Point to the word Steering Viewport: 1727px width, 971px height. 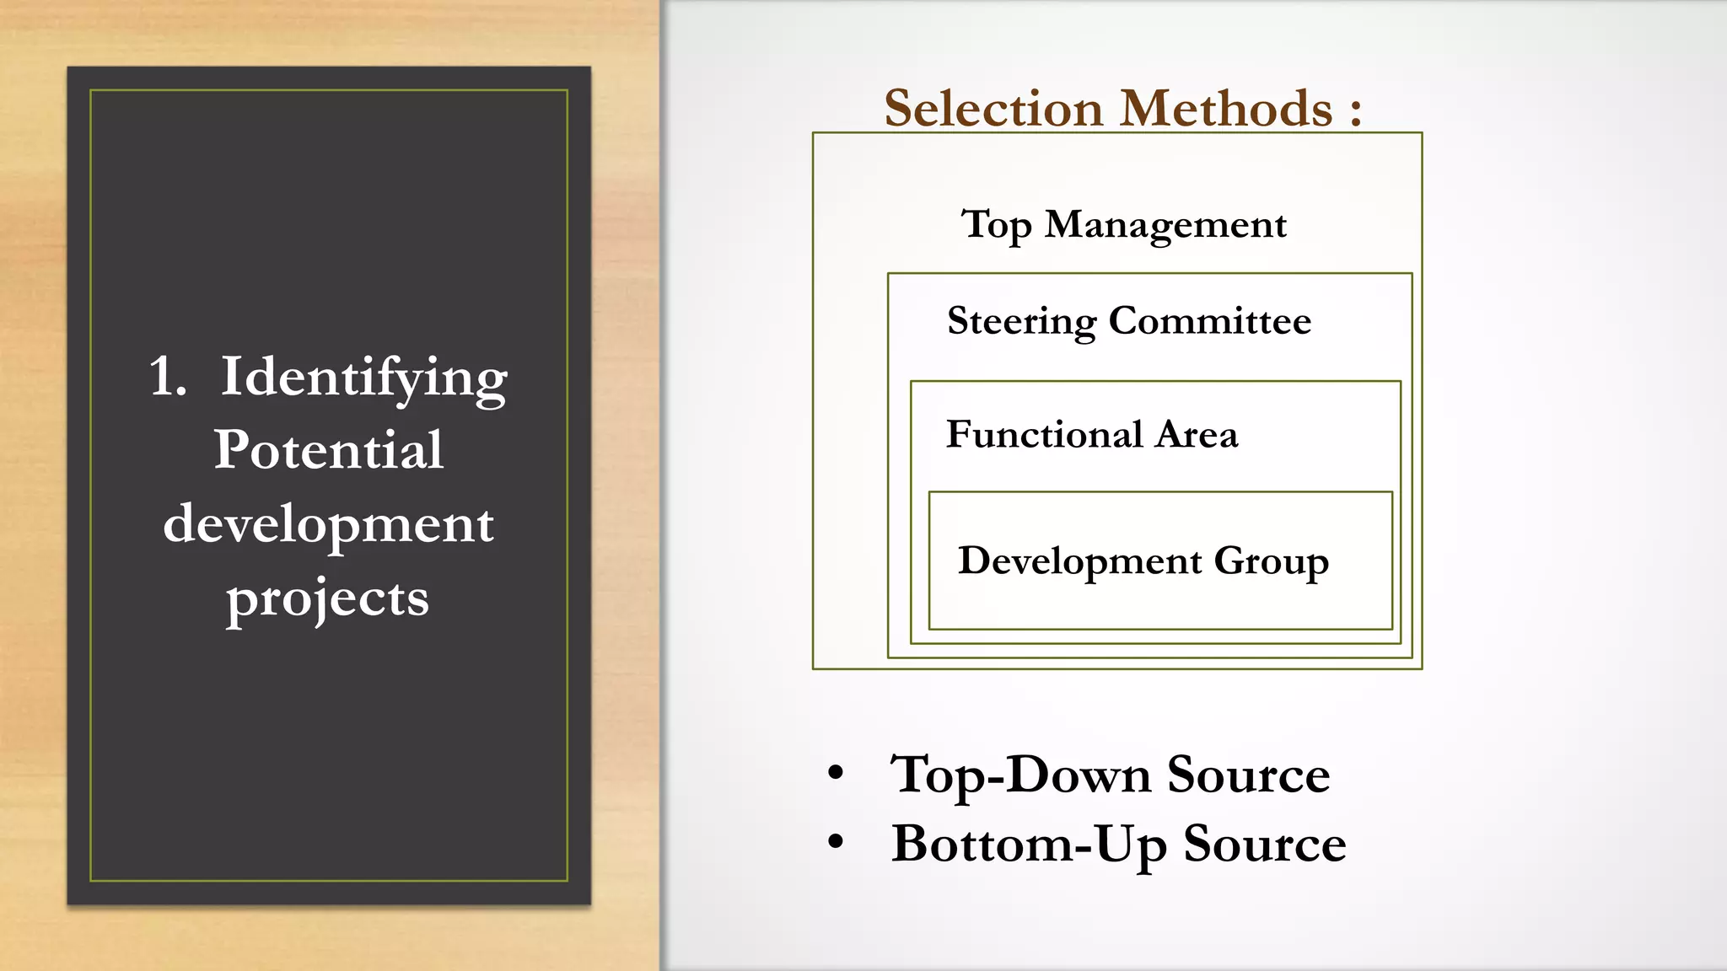coord(1022,322)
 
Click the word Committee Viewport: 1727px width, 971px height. coord(1209,321)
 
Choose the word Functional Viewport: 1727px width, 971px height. coord(1044,434)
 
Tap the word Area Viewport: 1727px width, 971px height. coord(1197,435)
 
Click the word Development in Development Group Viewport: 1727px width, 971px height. coord(1080,561)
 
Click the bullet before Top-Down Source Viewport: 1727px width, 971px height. coord(836,772)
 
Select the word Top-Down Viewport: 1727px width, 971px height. coord(1020,775)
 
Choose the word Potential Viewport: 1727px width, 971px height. coord(328,449)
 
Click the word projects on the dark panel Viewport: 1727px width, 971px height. coord(327,599)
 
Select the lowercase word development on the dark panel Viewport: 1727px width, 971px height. coord(328,524)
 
